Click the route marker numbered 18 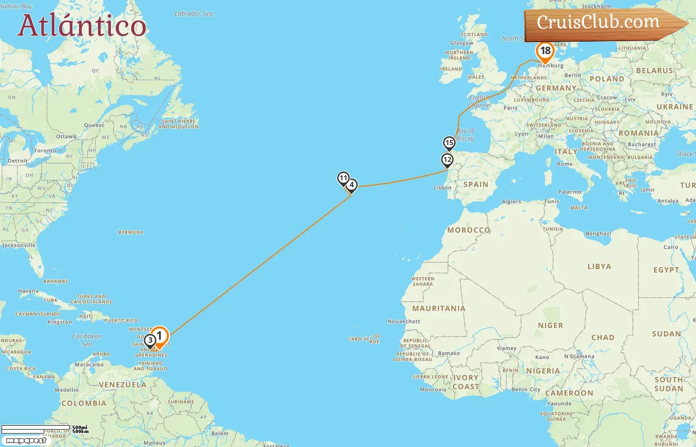point(545,51)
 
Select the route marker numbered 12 point(447,160)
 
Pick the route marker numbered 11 point(343,178)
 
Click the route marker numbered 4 point(351,185)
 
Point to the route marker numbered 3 point(150,341)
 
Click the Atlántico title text point(82,26)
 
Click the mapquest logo point(26,440)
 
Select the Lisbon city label point(442,188)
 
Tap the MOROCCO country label point(469,230)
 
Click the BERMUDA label point(131,232)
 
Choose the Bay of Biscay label point(465,135)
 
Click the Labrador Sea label point(194,14)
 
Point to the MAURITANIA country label point(438,308)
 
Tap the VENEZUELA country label point(122,385)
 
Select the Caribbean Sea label point(87,340)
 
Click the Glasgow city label point(461,43)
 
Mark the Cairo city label point(671,247)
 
